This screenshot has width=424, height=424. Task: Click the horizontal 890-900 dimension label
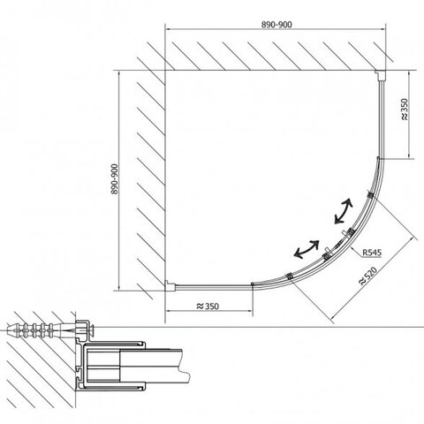pyautogui.click(x=276, y=25)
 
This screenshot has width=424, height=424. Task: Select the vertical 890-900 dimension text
pyautogui.click(x=115, y=179)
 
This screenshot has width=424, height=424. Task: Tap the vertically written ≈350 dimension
pyautogui.click(x=405, y=110)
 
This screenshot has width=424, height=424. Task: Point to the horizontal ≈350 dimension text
pyautogui.click(x=208, y=307)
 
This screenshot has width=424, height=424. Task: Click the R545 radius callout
pyautogui.click(x=372, y=253)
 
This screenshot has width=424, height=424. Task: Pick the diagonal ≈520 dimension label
pyautogui.click(x=367, y=276)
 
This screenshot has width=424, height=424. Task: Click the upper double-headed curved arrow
pyautogui.click(x=344, y=210)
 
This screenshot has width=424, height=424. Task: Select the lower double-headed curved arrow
pyautogui.click(x=307, y=249)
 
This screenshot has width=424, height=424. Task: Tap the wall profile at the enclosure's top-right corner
pyautogui.click(x=380, y=75)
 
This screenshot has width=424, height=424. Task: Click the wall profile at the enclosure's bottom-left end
pyautogui.click(x=170, y=285)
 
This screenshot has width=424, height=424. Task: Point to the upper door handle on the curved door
pyautogui.click(x=347, y=233)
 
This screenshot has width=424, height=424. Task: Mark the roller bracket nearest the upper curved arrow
pyautogui.click(x=370, y=194)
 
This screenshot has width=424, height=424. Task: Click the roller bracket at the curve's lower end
pyautogui.click(x=289, y=276)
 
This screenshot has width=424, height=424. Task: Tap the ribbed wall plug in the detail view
pyautogui.click(x=38, y=330)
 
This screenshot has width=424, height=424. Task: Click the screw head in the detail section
pyautogui.click(x=93, y=330)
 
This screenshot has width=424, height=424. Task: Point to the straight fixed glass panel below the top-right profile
pyautogui.click(x=381, y=119)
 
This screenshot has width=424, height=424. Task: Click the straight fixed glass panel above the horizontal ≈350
pyautogui.click(x=214, y=285)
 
